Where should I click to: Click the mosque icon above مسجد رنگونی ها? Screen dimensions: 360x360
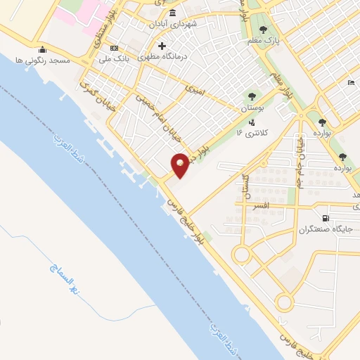(x=42, y=49)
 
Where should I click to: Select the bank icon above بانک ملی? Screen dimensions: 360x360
(x=115, y=48)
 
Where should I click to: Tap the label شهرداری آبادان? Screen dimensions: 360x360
(x=173, y=23)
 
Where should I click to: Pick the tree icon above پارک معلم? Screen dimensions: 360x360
(x=263, y=30)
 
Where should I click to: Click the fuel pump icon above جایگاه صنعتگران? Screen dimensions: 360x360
(x=325, y=219)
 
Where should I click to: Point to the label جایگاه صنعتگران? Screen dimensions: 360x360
(x=324, y=229)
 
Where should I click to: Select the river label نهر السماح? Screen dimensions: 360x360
(x=66, y=278)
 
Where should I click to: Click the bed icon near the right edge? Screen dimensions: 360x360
(x=351, y=83)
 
